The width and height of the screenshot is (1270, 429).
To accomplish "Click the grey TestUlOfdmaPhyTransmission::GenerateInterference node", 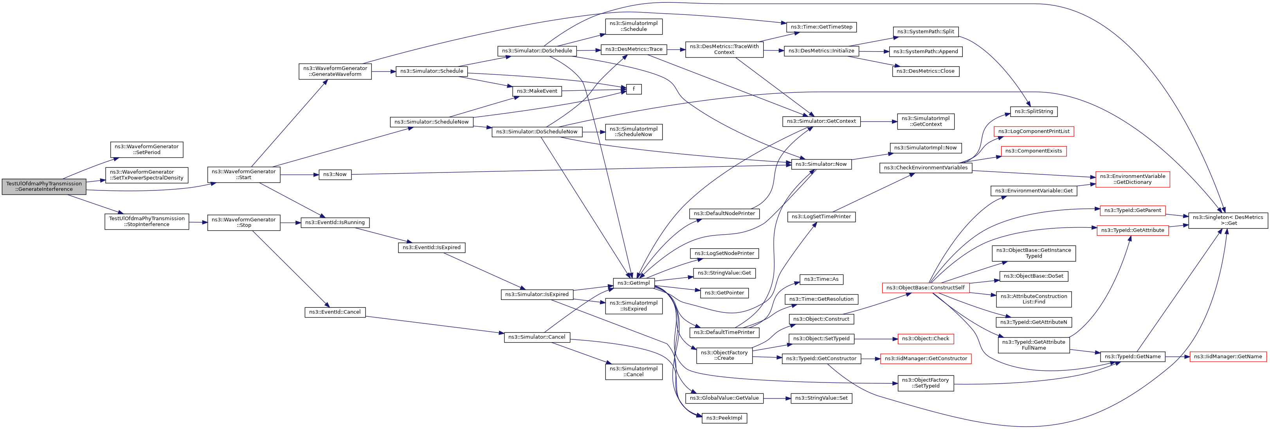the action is click(x=44, y=186).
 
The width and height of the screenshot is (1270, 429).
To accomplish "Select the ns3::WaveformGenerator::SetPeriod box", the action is click(x=147, y=149).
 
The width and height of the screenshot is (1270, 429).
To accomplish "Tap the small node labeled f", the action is click(x=634, y=89).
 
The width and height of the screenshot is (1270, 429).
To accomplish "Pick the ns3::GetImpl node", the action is click(x=634, y=283).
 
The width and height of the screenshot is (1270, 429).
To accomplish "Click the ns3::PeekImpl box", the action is click(x=724, y=418).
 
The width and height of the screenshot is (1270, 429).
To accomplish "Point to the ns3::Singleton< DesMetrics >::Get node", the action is click(x=1228, y=220).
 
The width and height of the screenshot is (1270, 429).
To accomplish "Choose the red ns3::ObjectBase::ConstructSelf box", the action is click(x=925, y=288).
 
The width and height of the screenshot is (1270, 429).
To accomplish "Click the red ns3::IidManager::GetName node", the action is click(x=1228, y=357).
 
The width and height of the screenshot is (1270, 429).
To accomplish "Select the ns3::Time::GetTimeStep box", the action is click(x=821, y=27).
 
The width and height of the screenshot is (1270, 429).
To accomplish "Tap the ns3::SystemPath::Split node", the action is click(x=925, y=32).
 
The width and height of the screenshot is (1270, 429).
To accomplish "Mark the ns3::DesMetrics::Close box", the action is click(x=925, y=71).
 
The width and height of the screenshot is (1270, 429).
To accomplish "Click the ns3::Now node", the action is click(x=335, y=174).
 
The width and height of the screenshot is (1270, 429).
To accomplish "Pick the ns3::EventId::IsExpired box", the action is click(x=431, y=247).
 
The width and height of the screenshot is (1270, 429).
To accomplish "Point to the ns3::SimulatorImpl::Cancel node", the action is click(x=634, y=372).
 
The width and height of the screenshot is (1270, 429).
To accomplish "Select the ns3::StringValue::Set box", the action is click(x=821, y=398).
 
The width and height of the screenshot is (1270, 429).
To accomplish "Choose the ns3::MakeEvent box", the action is click(x=537, y=91).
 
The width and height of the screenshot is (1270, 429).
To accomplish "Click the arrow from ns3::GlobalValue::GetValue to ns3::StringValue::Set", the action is click(x=777, y=398).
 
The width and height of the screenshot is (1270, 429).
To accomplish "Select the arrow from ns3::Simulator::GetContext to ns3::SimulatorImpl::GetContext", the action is click(x=879, y=121).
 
